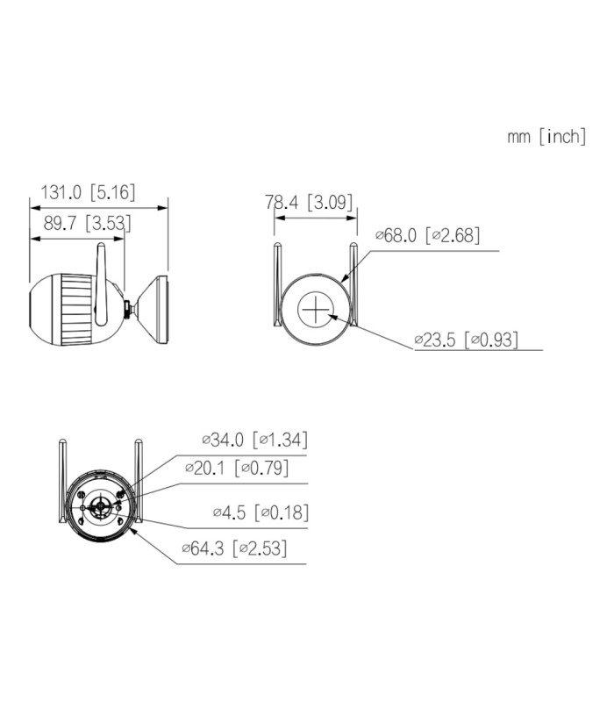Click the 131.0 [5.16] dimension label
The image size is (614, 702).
88,192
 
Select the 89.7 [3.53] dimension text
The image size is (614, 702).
87,223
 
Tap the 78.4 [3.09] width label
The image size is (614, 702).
309,202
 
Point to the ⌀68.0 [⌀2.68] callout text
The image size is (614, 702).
427,235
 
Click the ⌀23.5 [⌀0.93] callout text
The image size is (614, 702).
467,340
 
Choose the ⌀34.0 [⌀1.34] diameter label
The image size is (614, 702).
254,440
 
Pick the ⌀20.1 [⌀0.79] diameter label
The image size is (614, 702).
237,468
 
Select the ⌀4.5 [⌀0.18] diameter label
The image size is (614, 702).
261,512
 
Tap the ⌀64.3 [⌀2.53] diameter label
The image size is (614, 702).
234,548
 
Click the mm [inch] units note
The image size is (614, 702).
546,136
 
